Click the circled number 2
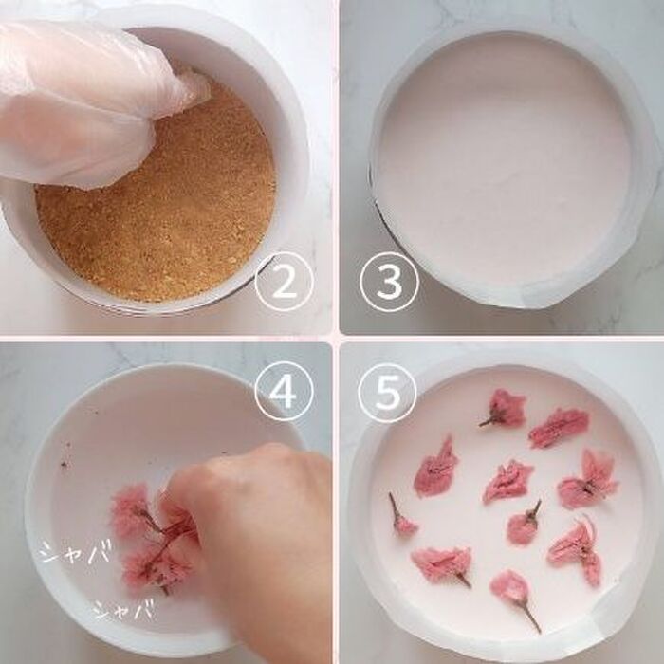pos(285,281)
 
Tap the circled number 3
pos(389,282)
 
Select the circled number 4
pos(284,393)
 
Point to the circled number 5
pos(388,393)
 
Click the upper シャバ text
pos(77,551)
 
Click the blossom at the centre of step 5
pos(507,482)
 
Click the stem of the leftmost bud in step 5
pos(395,507)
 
